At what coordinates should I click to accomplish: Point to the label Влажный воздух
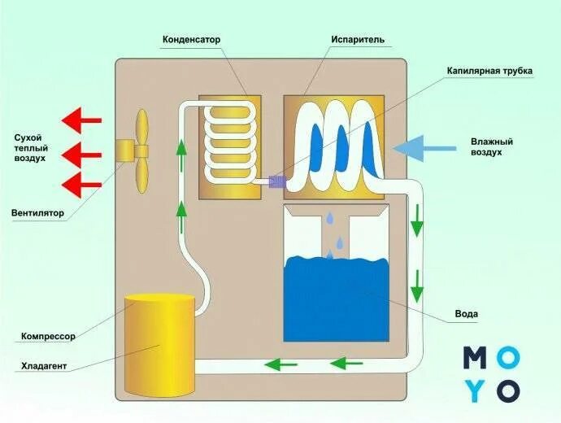point(491,146)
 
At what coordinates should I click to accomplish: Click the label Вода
point(467,314)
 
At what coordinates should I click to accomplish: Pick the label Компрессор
point(48,336)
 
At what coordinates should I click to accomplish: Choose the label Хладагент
point(44,367)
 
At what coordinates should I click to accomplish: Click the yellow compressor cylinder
point(159,342)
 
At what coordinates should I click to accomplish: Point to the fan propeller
point(139,152)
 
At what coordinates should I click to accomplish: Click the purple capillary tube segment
point(274,182)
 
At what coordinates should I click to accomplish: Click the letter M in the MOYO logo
point(476,358)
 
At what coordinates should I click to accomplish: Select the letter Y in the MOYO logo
point(476,390)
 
